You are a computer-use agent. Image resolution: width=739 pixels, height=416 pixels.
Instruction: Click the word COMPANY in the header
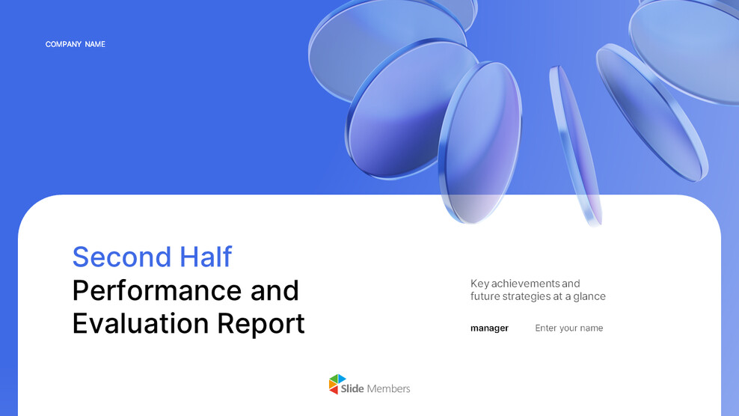coord(63,44)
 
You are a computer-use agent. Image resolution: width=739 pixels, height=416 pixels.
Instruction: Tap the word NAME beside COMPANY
coord(95,44)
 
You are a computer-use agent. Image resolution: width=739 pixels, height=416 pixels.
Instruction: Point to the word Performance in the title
coord(157,290)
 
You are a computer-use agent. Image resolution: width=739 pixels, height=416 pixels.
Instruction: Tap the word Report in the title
coord(261,323)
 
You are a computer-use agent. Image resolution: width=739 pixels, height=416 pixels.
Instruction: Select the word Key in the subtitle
coord(479,284)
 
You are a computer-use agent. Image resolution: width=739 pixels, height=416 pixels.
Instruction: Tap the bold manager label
coord(489,328)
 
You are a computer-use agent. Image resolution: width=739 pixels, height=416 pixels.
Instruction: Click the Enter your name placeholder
coord(568,328)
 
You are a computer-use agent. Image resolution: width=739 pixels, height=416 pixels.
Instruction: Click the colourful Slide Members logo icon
coord(338,385)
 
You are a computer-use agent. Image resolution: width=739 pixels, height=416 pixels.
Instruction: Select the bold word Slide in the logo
coord(352,388)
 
